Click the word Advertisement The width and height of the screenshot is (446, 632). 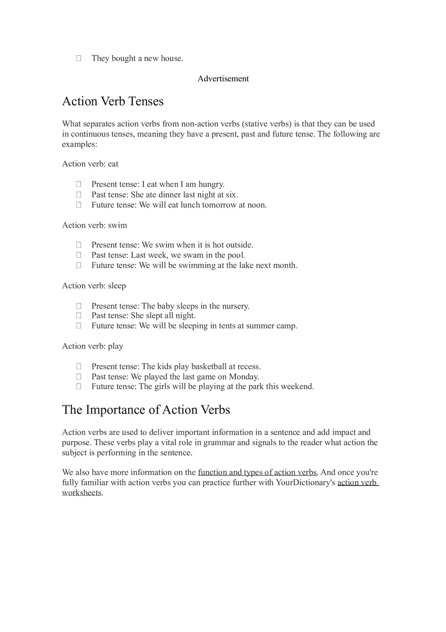[x=223, y=79]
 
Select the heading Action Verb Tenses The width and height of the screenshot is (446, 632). [x=113, y=101]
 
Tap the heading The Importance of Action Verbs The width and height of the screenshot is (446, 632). [x=146, y=410]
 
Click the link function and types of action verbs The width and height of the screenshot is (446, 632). [x=257, y=472]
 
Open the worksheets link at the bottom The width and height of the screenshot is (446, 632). [x=82, y=493]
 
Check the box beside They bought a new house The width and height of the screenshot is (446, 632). [x=79, y=58]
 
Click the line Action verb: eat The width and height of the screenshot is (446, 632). [x=90, y=164]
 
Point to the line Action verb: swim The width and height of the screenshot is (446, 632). [x=94, y=225]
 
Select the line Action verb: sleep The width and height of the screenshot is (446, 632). [x=94, y=285]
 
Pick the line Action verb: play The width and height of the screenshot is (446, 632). [x=92, y=346]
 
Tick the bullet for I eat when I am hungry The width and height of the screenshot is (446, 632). [x=79, y=184]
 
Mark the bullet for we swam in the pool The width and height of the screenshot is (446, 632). [x=79, y=255]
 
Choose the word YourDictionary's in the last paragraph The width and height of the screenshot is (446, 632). [x=306, y=482]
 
